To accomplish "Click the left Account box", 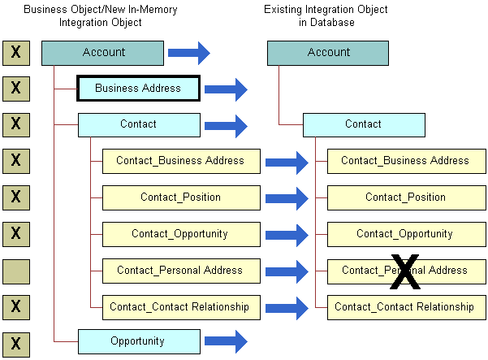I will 103,53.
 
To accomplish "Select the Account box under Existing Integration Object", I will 328,53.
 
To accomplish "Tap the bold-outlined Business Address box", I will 138,88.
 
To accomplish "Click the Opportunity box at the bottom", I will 138,341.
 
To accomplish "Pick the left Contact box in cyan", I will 138,124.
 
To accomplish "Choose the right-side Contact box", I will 363,124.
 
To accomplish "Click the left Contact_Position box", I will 180,197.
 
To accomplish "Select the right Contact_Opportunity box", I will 405,234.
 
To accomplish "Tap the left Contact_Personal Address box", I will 180,271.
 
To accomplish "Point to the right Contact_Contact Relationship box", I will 405,307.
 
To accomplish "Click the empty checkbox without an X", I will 16,271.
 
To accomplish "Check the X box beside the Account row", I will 16,53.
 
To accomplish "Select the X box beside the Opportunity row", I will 16,343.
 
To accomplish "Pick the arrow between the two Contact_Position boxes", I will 287,198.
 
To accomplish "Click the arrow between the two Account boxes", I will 188,54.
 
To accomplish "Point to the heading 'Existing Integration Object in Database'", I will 326,16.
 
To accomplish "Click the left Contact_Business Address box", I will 180,161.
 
